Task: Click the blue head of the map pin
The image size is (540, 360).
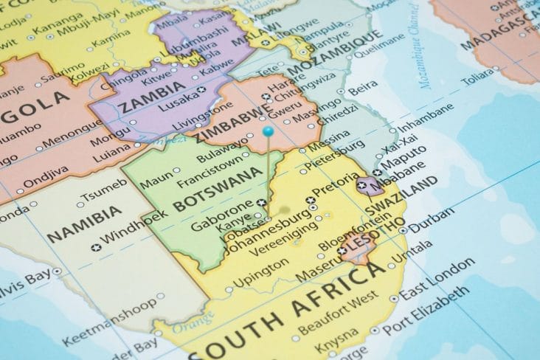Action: click(268, 131)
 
